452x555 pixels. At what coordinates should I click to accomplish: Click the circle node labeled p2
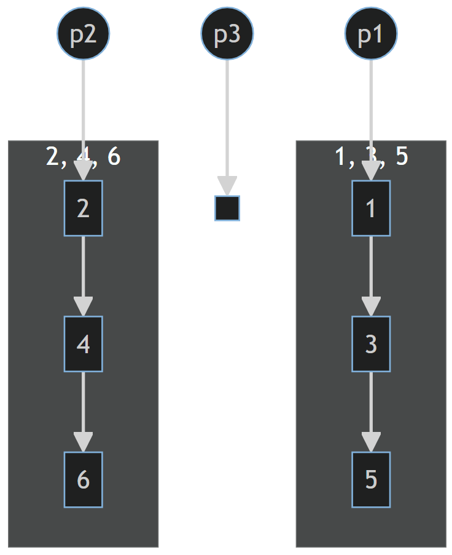pos(83,34)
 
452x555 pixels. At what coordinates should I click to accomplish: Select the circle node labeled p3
pos(227,34)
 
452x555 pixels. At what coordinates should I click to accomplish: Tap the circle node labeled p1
pos(371,34)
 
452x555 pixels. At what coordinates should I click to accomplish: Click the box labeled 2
pos(83,208)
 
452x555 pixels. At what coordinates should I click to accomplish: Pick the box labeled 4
pos(83,344)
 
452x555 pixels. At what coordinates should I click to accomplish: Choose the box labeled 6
pos(83,479)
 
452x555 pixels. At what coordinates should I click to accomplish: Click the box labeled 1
pos(371,208)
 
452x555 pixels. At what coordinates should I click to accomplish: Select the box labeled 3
pos(371,344)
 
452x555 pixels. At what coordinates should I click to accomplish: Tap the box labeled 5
pos(371,479)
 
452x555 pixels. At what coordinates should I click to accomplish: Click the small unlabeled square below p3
pos(227,208)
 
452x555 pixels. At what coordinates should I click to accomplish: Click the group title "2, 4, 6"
pos(83,157)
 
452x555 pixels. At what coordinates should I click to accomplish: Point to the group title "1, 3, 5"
pos(371,157)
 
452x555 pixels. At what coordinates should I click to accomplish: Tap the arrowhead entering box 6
pos(83,442)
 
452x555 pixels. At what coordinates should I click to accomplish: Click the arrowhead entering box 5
pos(371,442)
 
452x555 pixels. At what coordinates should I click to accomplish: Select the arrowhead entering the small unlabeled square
pos(227,185)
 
